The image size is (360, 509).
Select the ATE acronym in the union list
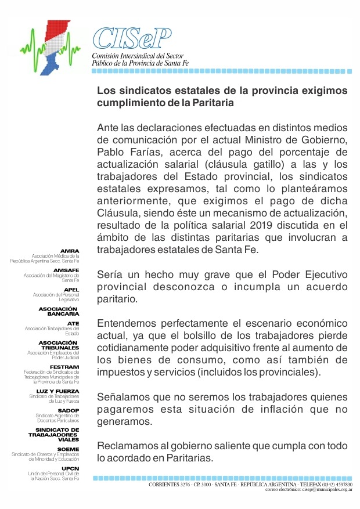[x=73, y=323]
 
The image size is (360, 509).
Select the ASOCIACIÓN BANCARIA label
[x=59, y=311]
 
